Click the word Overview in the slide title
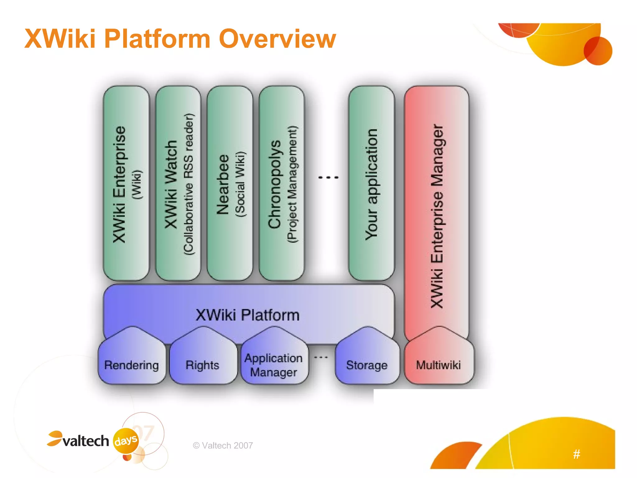pyautogui.click(x=277, y=39)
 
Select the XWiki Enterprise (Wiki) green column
pyautogui.click(x=126, y=184)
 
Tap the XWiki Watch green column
pyautogui.click(x=178, y=184)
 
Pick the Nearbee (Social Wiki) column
pyautogui.click(x=230, y=184)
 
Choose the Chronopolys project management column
pyautogui.click(x=281, y=184)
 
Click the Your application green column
pyautogui.click(x=371, y=184)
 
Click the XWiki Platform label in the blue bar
pyautogui.click(x=248, y=315)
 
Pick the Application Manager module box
pyautogui.click(x=274, y=365)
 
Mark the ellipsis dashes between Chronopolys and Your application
pyautogui.click(x=328, y=177)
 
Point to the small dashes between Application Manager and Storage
pyautogui.click(x=321, y=358)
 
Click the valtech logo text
pyautogui.click(x=86, y=441)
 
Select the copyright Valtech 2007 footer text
pyautogui.click(x=223, y=446)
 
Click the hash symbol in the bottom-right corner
pyautogui.click(x=576, y=454)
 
